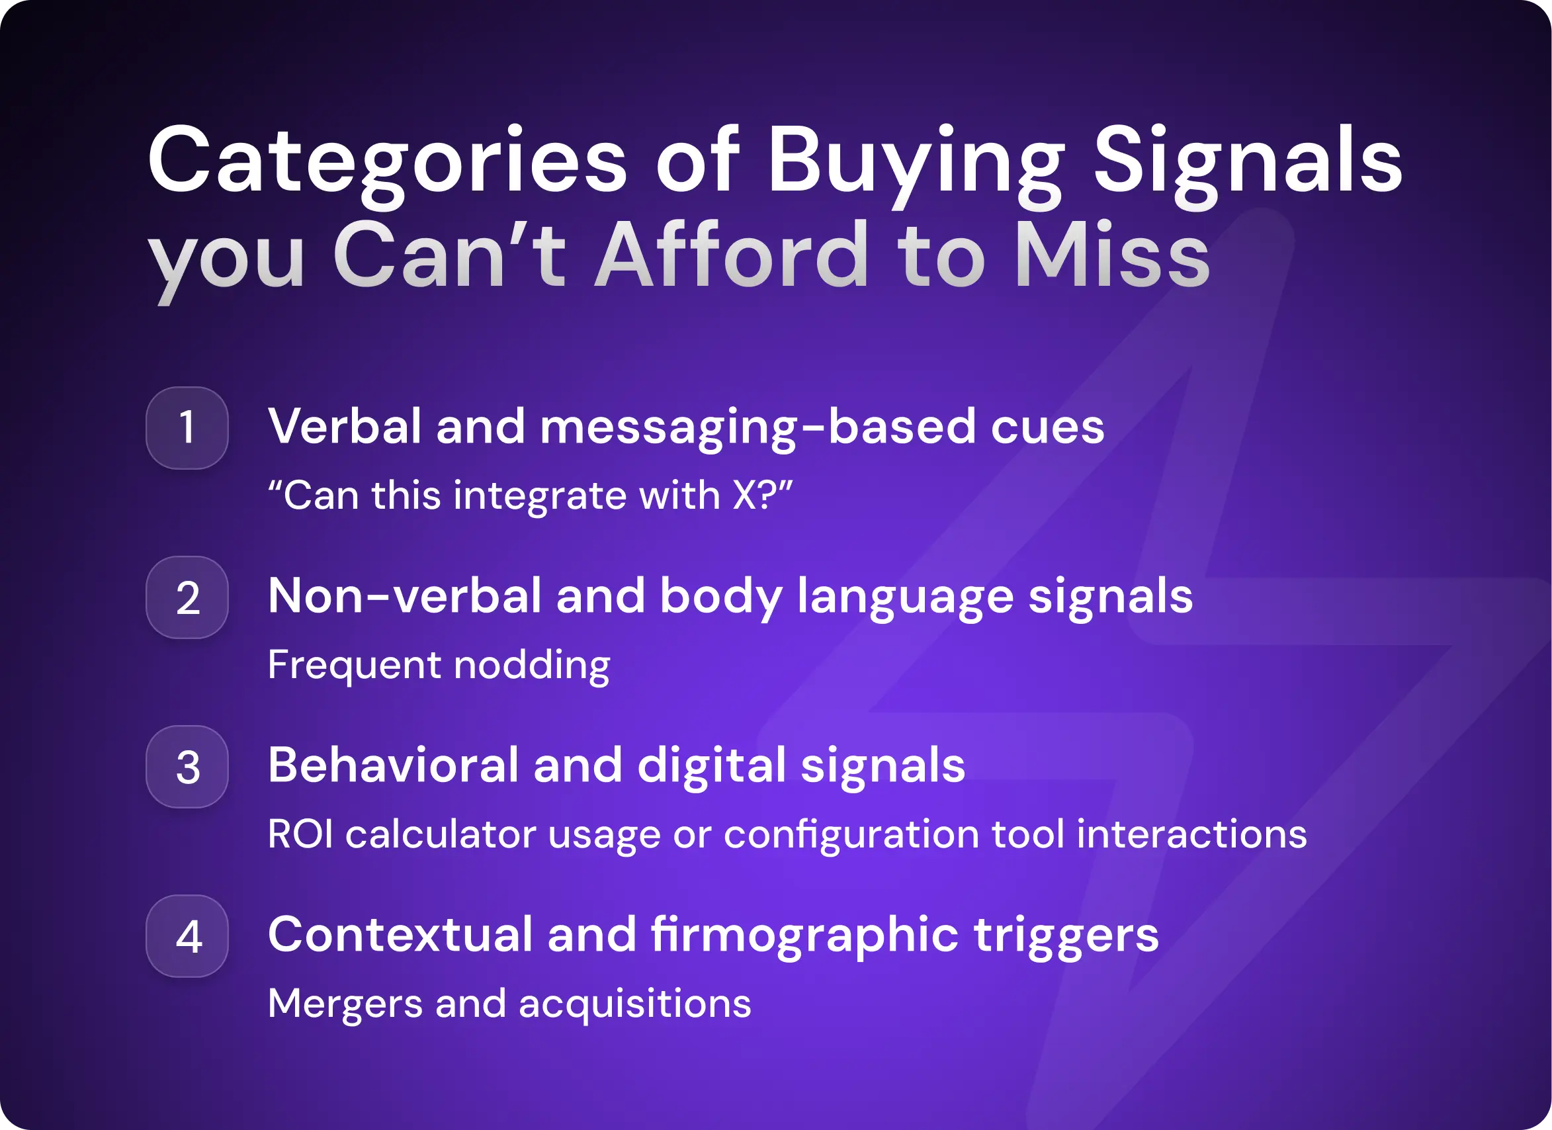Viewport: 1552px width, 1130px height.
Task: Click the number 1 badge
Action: tap(187, 428)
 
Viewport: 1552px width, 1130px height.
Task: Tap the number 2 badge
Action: tap(187, 597)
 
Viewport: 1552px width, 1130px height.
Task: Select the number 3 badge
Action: tap(187, 767)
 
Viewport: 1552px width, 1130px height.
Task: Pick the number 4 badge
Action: tap(187, 935)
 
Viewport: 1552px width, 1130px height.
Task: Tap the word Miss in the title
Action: tap(1112, 257)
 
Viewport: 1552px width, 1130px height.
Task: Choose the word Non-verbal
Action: tap(404, 595)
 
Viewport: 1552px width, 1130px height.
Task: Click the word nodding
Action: tap(532, 666)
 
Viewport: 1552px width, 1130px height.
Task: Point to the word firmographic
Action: tap(804, 935)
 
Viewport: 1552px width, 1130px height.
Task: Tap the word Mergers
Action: tap(345, 1004)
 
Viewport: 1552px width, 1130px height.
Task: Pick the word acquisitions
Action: tap(634, 1004)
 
